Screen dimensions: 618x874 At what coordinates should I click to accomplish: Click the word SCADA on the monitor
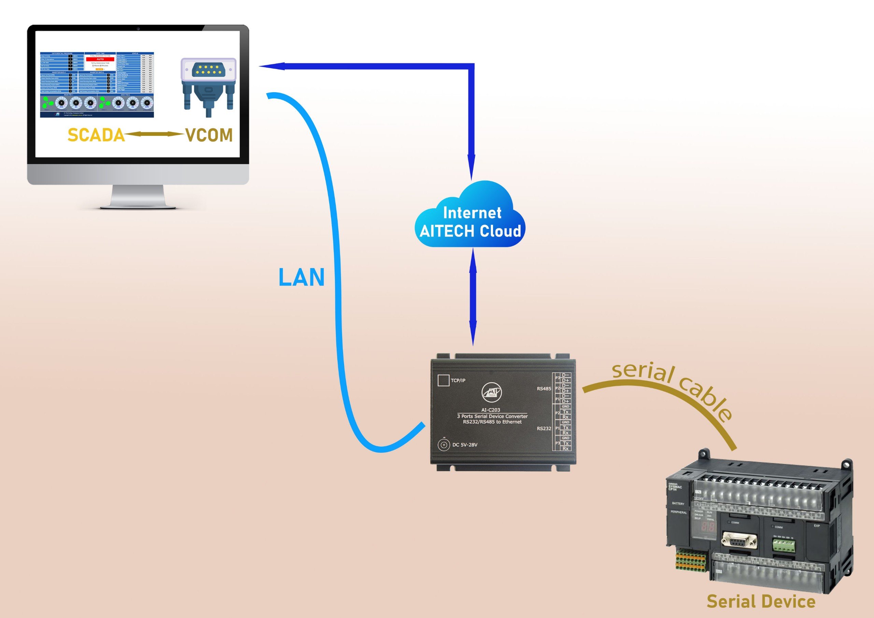pyautogui.click(x=96, y=135)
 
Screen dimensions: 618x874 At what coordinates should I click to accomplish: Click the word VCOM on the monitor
pyautogui.click(x=209, y=135)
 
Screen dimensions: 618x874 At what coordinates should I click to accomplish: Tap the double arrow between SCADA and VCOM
pyautogui.click(x=155, y=134)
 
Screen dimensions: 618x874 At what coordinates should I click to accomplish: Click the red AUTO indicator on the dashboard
pyautogui.click(x=100, y=59)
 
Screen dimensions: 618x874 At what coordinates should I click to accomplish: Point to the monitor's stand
pyautogui.click(x=138, y=196)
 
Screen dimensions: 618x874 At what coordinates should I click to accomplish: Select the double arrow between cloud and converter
pyautogui.click(x=473, y=297)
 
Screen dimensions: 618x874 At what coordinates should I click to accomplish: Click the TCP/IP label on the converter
pyautogui.click(x=458, y=380)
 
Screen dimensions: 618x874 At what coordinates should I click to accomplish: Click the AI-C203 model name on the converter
pyautogui.click(x=491, y=410)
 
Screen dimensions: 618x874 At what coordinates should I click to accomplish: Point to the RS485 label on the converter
pyautogui.click(x=544, y=389)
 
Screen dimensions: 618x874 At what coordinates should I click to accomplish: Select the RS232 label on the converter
pyautogui.click(x=544, y=429)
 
